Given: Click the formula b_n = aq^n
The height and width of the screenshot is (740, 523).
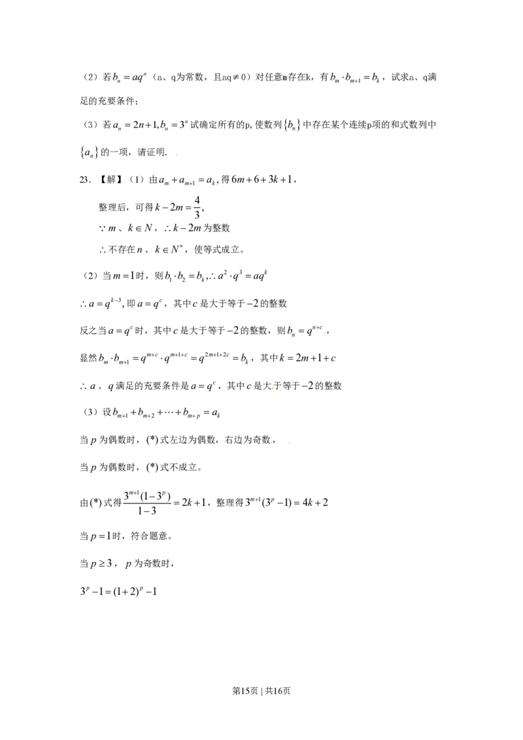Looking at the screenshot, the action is click(131, 78).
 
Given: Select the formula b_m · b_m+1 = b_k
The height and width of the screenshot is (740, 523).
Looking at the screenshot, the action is click(355, 78).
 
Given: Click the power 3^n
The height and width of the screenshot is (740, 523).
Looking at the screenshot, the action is click(184, 124).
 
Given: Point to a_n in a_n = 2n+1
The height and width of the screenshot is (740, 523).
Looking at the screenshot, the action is click(117, 126).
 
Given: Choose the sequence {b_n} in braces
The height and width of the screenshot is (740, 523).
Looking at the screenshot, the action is click(290, 125).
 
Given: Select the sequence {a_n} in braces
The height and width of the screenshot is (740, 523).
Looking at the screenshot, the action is click(90, 152).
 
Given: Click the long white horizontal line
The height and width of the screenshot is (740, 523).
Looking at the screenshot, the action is click(412, 133).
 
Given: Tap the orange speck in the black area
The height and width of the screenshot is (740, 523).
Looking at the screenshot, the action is click(273, 389).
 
